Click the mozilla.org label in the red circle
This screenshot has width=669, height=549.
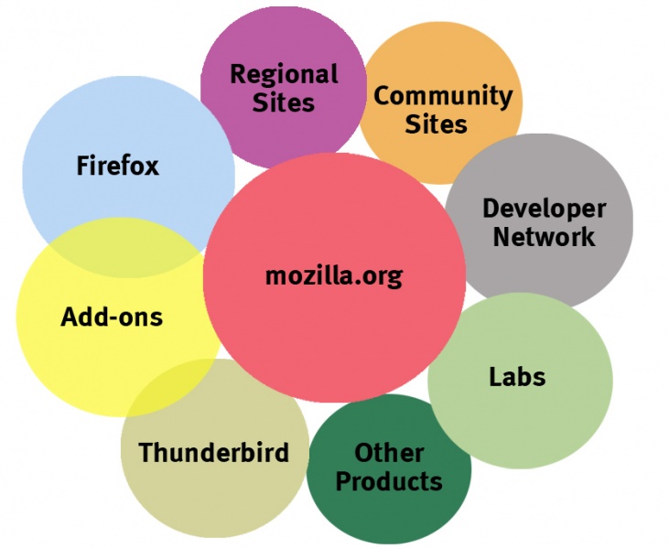(333, 275)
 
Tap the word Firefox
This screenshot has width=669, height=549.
(117, 166)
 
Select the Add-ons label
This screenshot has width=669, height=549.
(112, 318)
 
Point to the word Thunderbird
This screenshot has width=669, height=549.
(213, 452)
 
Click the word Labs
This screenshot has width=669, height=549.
(517, 376)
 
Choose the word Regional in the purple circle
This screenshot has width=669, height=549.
(284, 74)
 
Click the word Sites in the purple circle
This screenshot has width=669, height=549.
(284, 102)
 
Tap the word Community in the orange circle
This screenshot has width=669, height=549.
(443, 95)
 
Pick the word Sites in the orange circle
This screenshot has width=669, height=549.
(436, 123)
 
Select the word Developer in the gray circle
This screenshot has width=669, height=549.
(544, 209)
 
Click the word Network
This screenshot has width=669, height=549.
(544, 237)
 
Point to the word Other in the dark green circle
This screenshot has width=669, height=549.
(389, 452)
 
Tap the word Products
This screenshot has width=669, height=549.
(389, 480)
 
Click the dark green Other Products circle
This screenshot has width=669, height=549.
(389, 517)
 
